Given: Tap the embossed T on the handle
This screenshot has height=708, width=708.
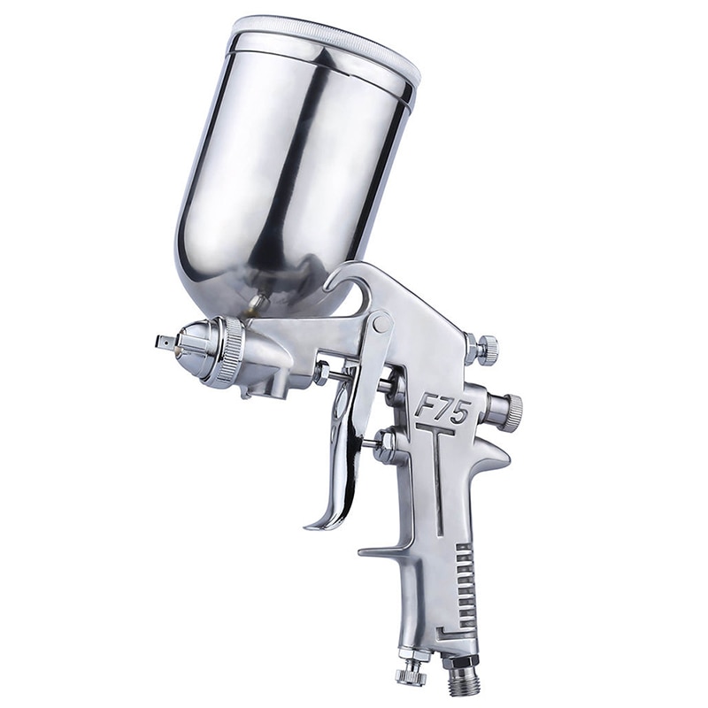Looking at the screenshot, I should (437, 469).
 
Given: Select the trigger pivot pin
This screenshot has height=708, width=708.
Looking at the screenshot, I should (382, 324).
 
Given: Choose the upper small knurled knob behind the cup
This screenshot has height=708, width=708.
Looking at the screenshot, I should (484, 350).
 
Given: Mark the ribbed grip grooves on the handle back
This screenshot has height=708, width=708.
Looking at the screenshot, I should (464, 584).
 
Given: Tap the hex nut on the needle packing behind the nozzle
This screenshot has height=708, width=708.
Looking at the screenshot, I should (319, 372).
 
